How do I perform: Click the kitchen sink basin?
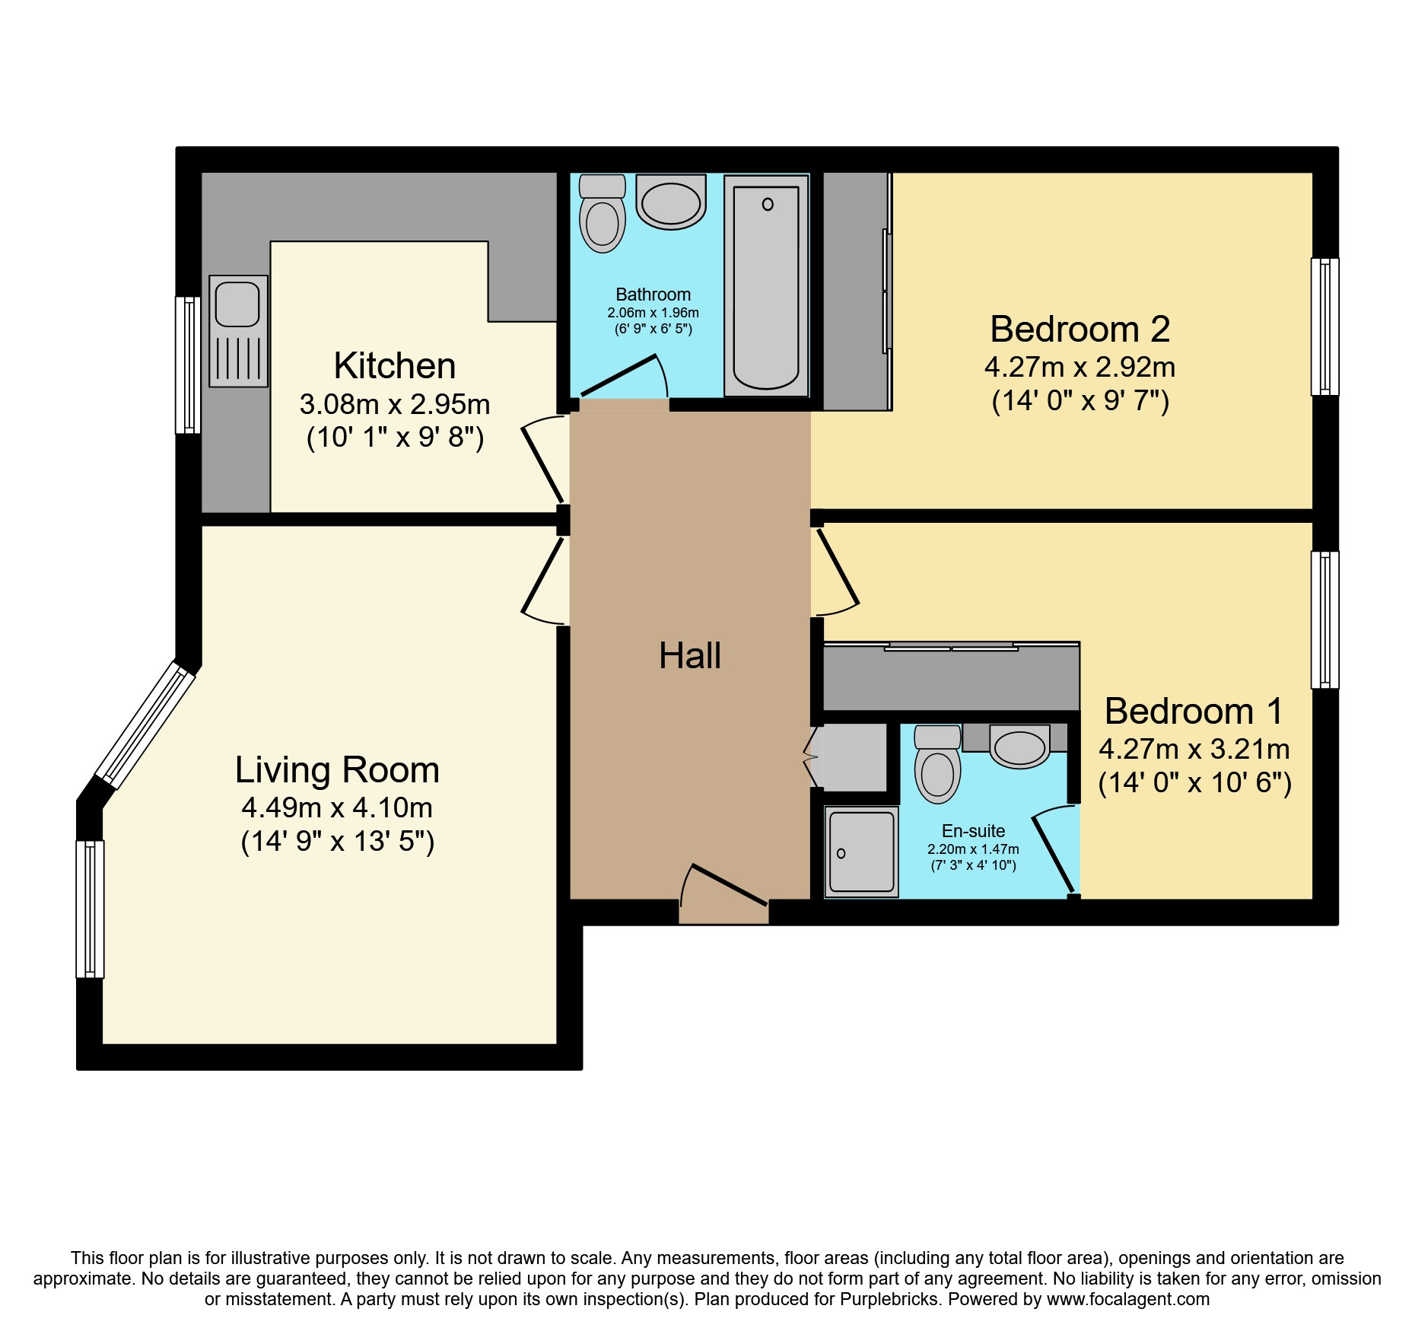(237, 304)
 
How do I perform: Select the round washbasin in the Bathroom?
(670, 202)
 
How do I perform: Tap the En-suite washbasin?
(1019, 747)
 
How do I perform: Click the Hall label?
(689, 655)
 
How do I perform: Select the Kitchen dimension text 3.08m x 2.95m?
(395, 404)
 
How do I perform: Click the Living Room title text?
(337, 769)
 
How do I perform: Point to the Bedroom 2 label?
(1080, 329)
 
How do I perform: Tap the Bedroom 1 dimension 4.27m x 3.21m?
(1194, 749)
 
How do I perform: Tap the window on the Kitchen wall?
(188, 365)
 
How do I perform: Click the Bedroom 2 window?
(1324, 326)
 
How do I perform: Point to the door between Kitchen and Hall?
(545, 461)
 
